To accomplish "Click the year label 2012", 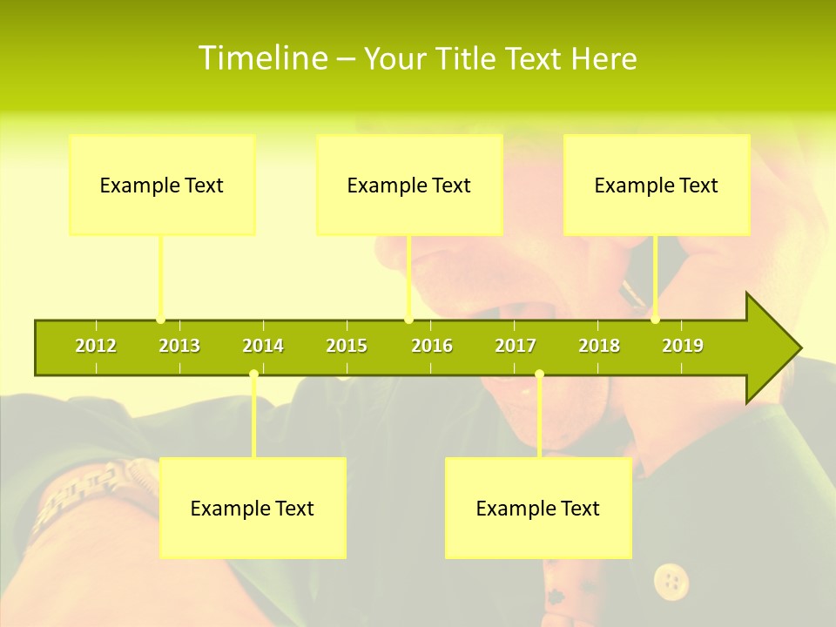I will click(x=96, y=346).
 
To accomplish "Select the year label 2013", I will click(x=179, y=346).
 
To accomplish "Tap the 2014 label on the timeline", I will click(x=263, y=346).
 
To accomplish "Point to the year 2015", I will click(x=347, y=346).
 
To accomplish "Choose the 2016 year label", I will click(x=432, y=346).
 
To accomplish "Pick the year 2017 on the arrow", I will click(x=516, y=346).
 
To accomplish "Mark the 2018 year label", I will click(x=599, y=346).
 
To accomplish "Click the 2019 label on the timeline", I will click(x=683, y=346).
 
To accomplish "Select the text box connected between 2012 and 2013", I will click(x=162, y=185).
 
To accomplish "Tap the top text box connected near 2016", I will click(x=409, y=185).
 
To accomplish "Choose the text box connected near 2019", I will click(x=657, y=185).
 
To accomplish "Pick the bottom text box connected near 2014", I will click(x=253, y=508).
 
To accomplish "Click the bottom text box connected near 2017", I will click(x=538, y=508).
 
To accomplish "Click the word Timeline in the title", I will click(x=262, y=58).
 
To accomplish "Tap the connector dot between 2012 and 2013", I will click(x=160, y=320).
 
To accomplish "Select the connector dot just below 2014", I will click(x=253, y=374).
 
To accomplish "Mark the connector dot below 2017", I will click(x=539, y=374).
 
